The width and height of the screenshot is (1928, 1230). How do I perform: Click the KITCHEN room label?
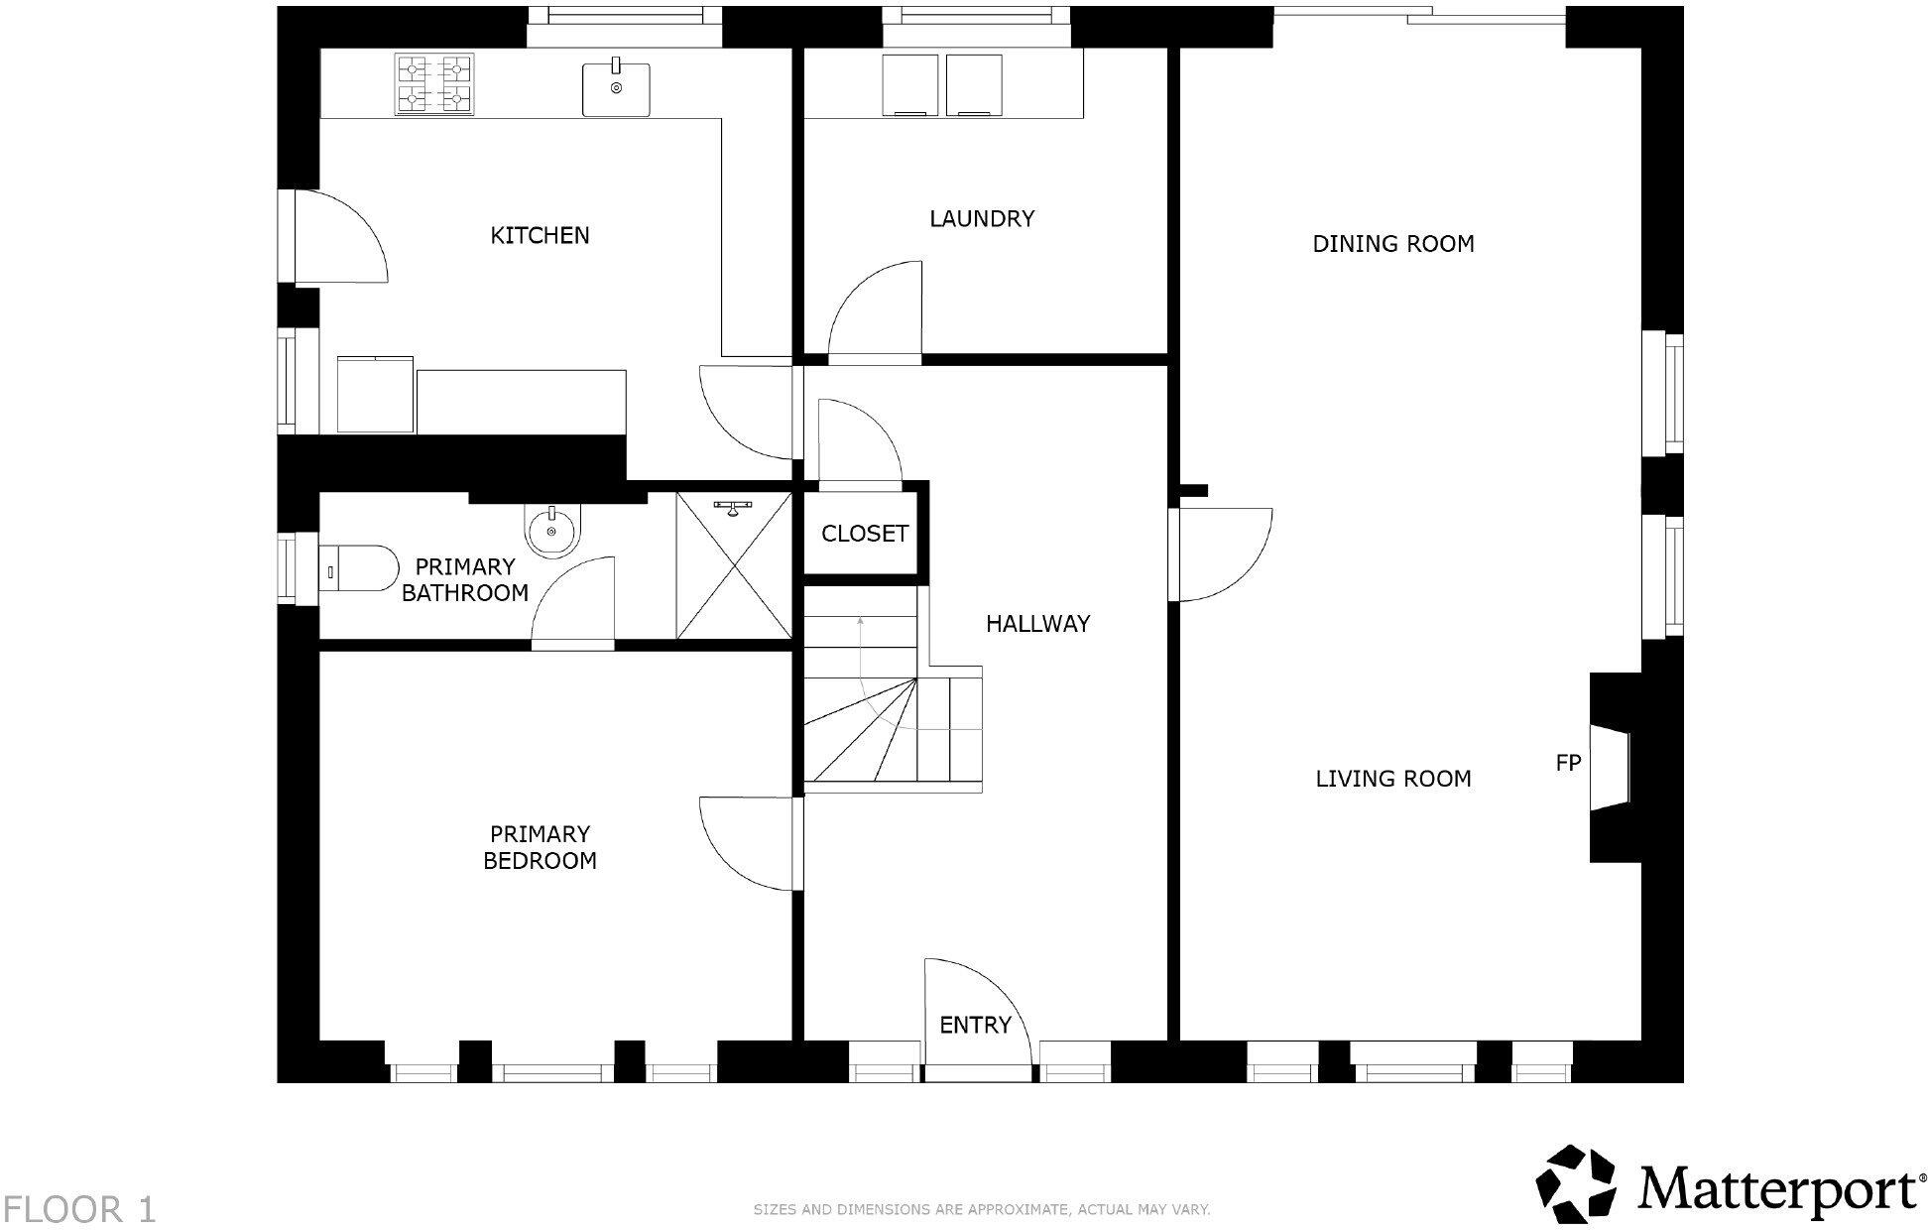[x=540, y=235]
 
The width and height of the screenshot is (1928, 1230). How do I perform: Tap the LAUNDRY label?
[x=982, y=218]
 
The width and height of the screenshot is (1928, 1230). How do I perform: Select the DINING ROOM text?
[x=1392, y=244]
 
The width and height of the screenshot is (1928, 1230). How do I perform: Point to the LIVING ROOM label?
[x=1392, y=779]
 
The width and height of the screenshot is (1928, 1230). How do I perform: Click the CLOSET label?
[x=864, y=534]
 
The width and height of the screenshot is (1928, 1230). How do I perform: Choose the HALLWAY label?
[x=1037, y=624]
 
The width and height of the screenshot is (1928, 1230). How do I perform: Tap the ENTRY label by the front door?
[x=975, y=1025]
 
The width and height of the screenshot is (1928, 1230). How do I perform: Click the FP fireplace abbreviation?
[x=1567, y=763]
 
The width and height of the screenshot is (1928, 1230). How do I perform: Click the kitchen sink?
[x=615, y=87]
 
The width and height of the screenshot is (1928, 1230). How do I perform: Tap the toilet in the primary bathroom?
[x=358, y=568]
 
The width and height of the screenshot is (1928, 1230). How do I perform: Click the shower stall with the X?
[x=733, y=564]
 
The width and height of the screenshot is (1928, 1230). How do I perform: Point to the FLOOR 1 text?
[x=78, y=1210]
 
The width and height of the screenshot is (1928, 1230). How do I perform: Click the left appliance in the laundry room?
[x=909, y=85]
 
